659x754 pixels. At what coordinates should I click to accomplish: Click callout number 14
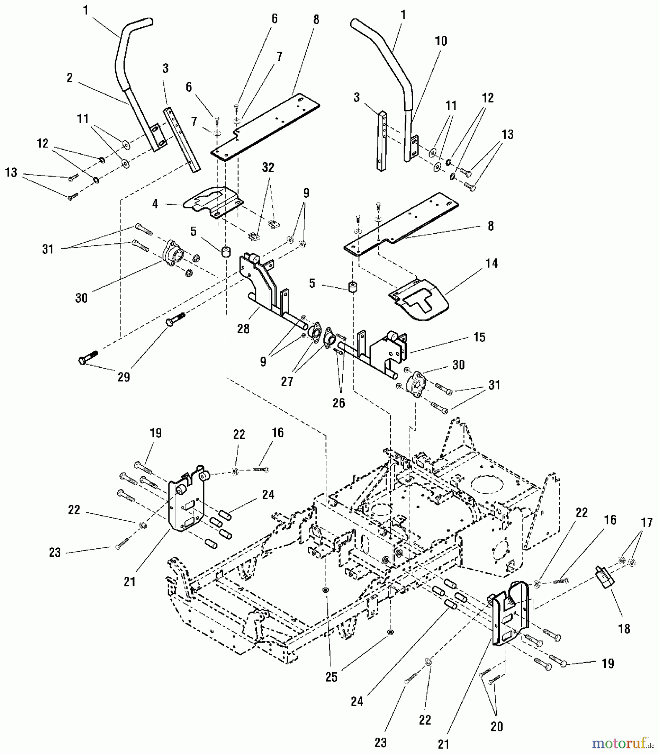tap(491, 263)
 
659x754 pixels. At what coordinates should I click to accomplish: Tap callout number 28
tap(243, 329)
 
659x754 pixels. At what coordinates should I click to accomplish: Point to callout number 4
tap(155, 204)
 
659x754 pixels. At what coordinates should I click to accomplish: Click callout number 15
tap(479, 337)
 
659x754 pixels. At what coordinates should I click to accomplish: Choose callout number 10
tap(441, 41)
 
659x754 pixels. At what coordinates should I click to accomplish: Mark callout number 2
tap(70, 78)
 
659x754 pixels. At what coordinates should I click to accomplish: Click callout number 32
tap(268, 167)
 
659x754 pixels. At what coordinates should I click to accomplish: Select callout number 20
tap(496, 726)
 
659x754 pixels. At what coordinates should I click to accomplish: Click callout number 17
tap(647, 523)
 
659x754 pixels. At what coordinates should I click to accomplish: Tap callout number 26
tap(339, 403)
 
